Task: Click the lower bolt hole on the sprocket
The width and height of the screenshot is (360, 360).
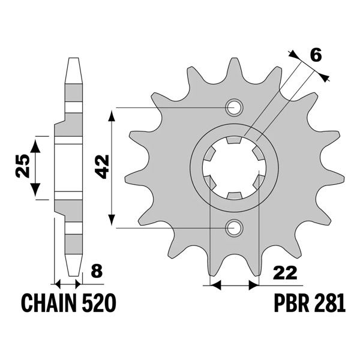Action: pyautogui.click(x=234, y=227)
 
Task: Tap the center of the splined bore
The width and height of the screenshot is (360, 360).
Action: pyautogui.click(x=234, y=167)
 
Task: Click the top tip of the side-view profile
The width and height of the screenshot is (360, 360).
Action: pyautogui.click(x=72, y=59)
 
